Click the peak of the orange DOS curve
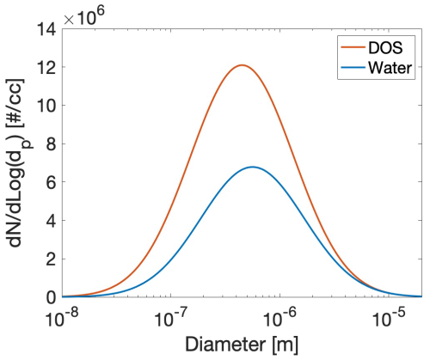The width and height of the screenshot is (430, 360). pyautogui.click(x=243, y=65)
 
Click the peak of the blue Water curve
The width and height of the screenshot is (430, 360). pyautogui.click(x=252, y=167)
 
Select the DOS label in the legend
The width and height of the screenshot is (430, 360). pyautogui.click(x=385, y=47)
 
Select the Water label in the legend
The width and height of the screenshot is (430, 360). pyautogui.click(x=390, y=68)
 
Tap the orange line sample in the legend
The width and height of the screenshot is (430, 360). pyautogui.click(x=353, y=47)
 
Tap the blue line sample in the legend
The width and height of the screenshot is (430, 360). pyautogui.click(x=353, y=68)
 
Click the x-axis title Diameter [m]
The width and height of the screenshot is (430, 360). pyautogui.click(x=242, y=344)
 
